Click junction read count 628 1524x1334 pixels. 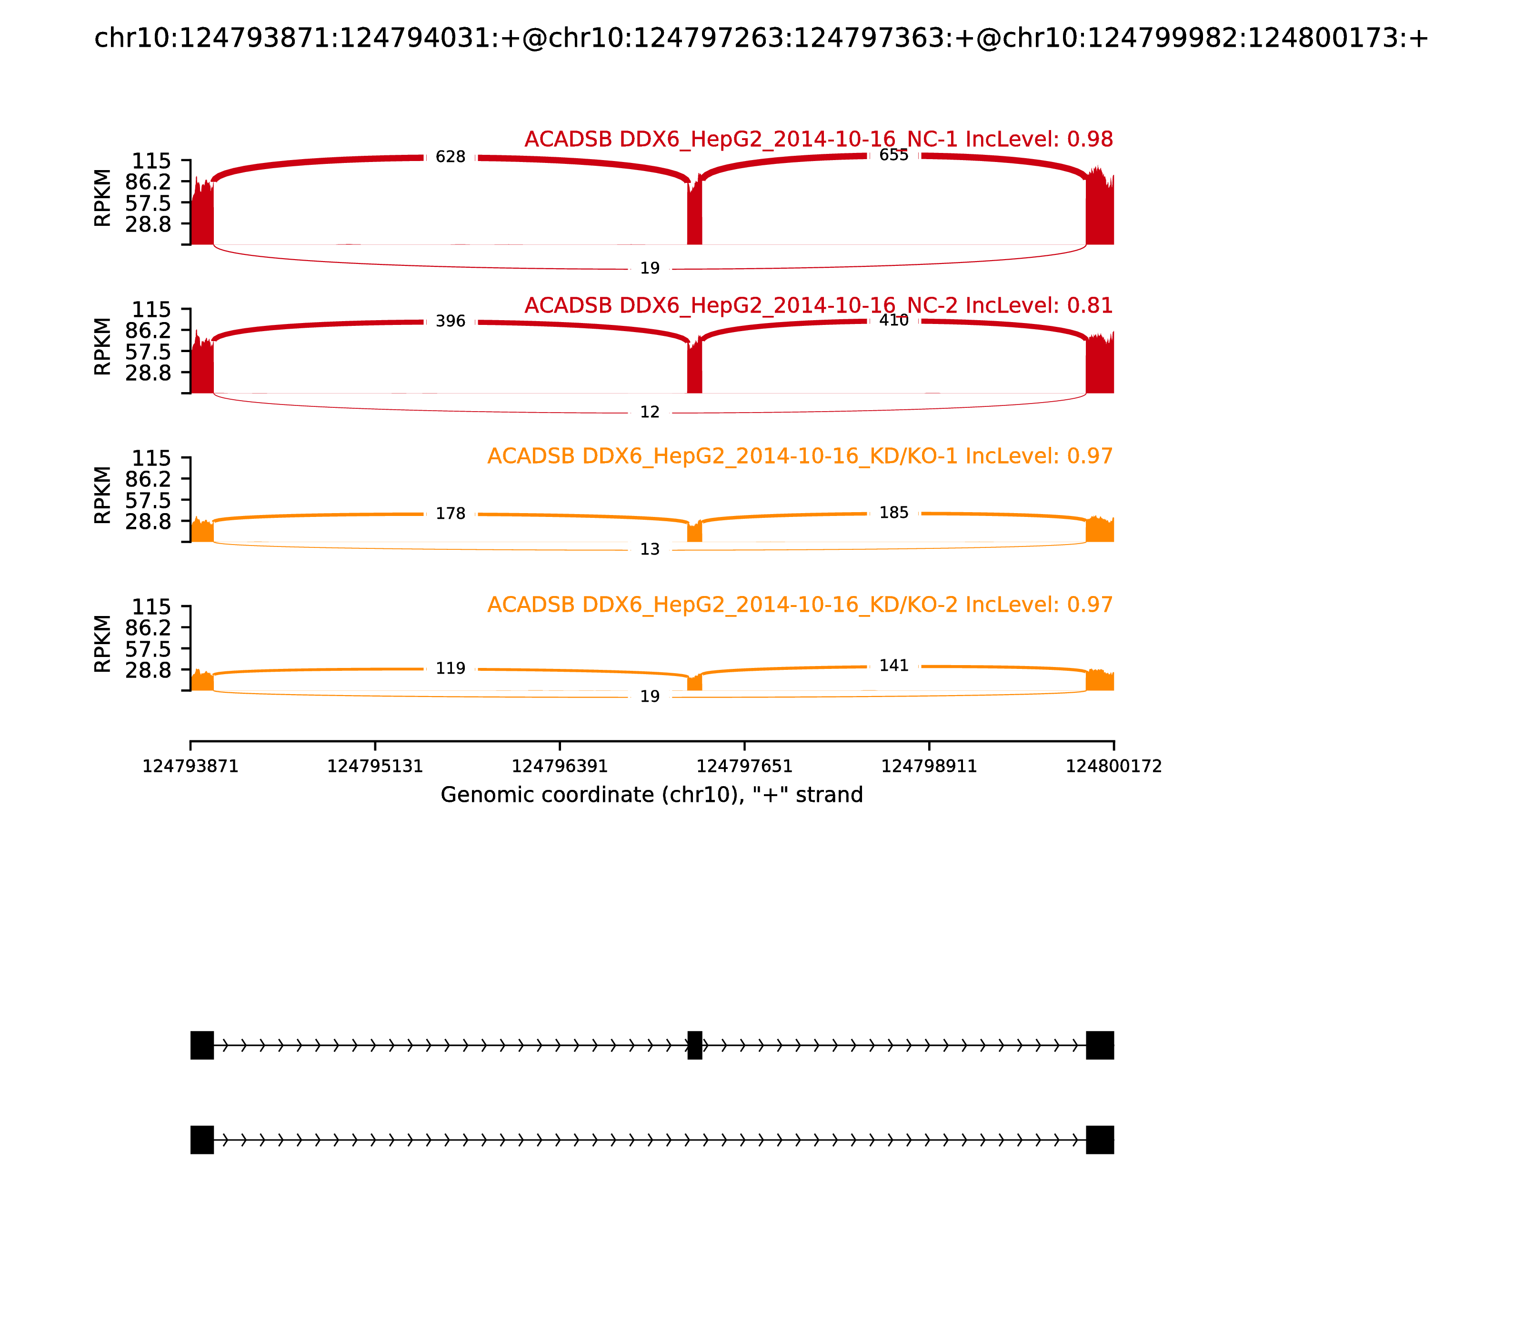click(450, 157)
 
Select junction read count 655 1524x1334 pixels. click(894, 155)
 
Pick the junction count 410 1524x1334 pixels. click(894, 320)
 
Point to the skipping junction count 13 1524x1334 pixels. click(650, 549)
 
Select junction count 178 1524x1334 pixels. click(450, 514)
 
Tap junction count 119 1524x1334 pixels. click(450, 668)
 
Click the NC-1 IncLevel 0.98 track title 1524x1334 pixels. click(819, 139)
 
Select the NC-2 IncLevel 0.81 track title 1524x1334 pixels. click(819, 305)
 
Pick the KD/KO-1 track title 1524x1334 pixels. click(800, 455)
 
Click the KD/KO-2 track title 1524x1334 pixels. click(800, 605)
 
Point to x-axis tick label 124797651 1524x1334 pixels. click(744, 767)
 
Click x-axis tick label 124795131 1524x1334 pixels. click(375, 767)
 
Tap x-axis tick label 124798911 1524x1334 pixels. click(929, 767)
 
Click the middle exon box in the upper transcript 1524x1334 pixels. click(694, 1045)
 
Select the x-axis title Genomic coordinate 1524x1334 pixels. click(652, 795)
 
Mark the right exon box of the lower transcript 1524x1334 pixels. click(1100, 1140)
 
